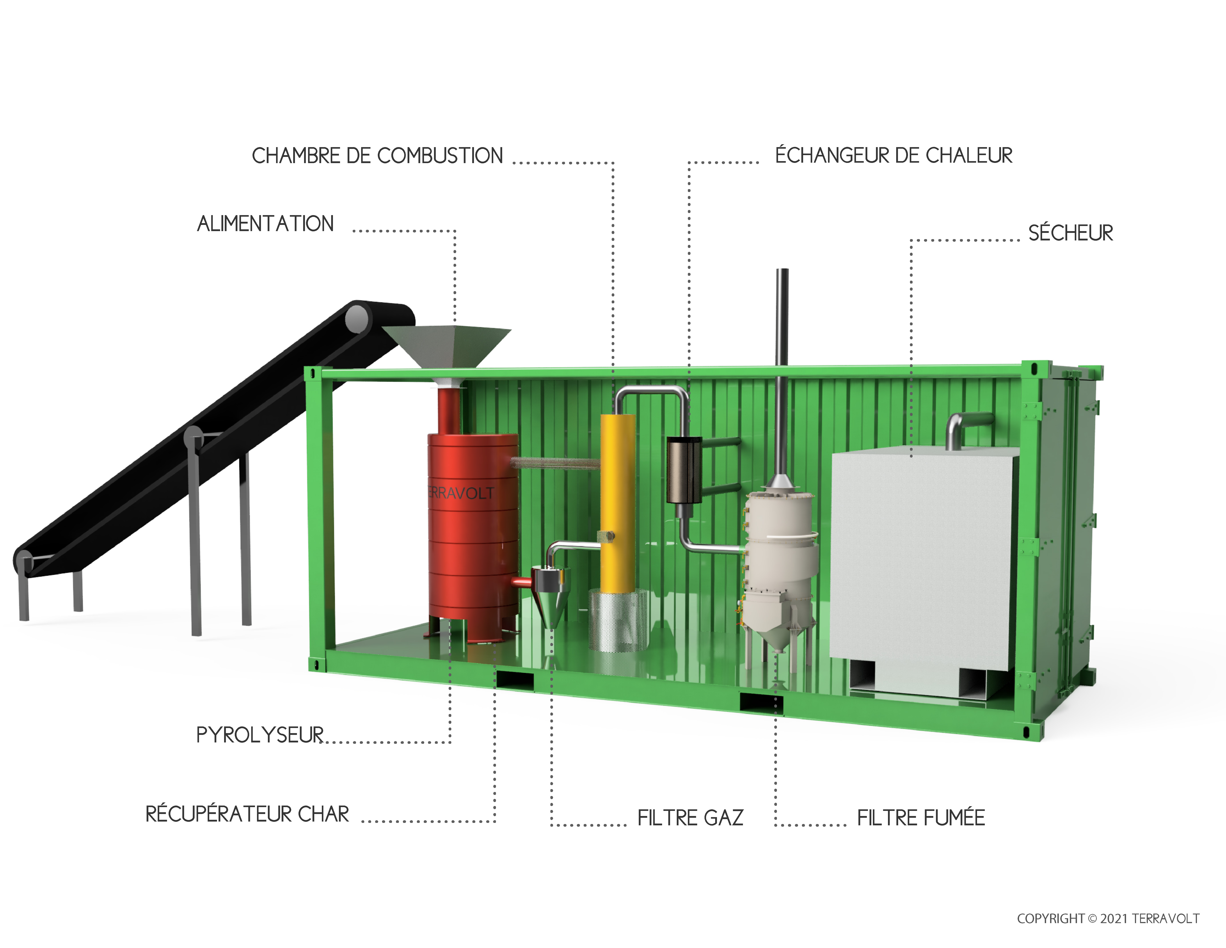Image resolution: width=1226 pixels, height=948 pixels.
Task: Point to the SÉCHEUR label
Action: coord(1070,232)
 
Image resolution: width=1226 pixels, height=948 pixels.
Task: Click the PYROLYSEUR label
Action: coord(260,735)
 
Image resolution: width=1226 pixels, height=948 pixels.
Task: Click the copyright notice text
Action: coord(1108,918)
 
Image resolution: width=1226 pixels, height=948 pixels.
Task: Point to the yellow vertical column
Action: coord(617,500)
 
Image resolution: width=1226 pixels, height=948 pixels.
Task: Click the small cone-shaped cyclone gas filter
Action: coord(550,595)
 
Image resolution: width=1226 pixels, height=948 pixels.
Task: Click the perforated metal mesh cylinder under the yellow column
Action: coord(617,621)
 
